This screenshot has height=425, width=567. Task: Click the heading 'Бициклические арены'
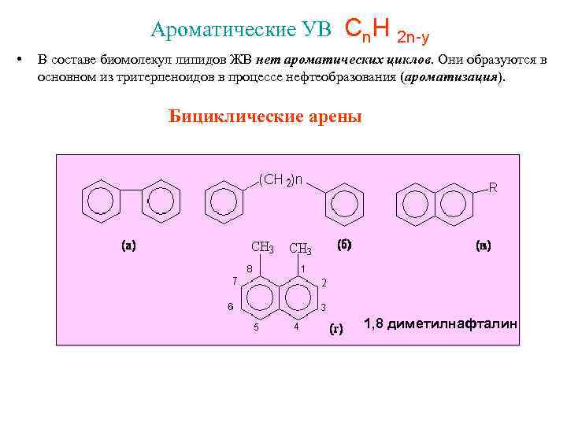point(265,117)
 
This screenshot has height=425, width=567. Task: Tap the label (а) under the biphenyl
point(128,246)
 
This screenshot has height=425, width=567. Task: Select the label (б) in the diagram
point(344,244)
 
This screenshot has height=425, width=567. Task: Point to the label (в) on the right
point(484,246)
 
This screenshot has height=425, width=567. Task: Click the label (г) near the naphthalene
point(335,330)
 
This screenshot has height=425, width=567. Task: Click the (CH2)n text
point(281,179)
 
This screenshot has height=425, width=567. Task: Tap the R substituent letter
point(493,187)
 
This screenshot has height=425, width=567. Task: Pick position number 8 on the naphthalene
point(249,268)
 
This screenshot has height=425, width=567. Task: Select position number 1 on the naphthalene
point(303,268)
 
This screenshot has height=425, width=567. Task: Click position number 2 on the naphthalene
point(324,282)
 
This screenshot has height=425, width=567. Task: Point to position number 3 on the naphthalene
point(324,307)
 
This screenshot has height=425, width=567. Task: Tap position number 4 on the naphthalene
point(296,327)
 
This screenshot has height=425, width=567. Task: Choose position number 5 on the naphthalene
point(256,327)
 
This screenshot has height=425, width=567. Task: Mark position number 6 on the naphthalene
point(230,307)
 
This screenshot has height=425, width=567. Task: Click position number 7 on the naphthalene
point(233,281)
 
